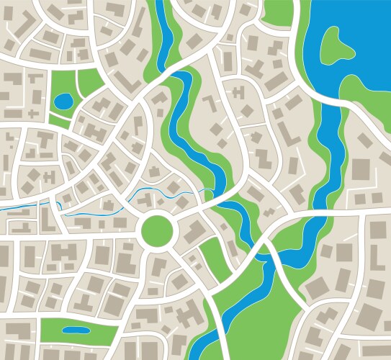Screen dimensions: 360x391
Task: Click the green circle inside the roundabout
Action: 158,230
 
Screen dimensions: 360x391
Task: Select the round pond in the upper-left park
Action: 63,102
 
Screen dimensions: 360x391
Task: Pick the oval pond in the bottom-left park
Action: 76,330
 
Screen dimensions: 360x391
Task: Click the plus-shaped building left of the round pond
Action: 33,113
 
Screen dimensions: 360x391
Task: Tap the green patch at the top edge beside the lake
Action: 279,11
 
